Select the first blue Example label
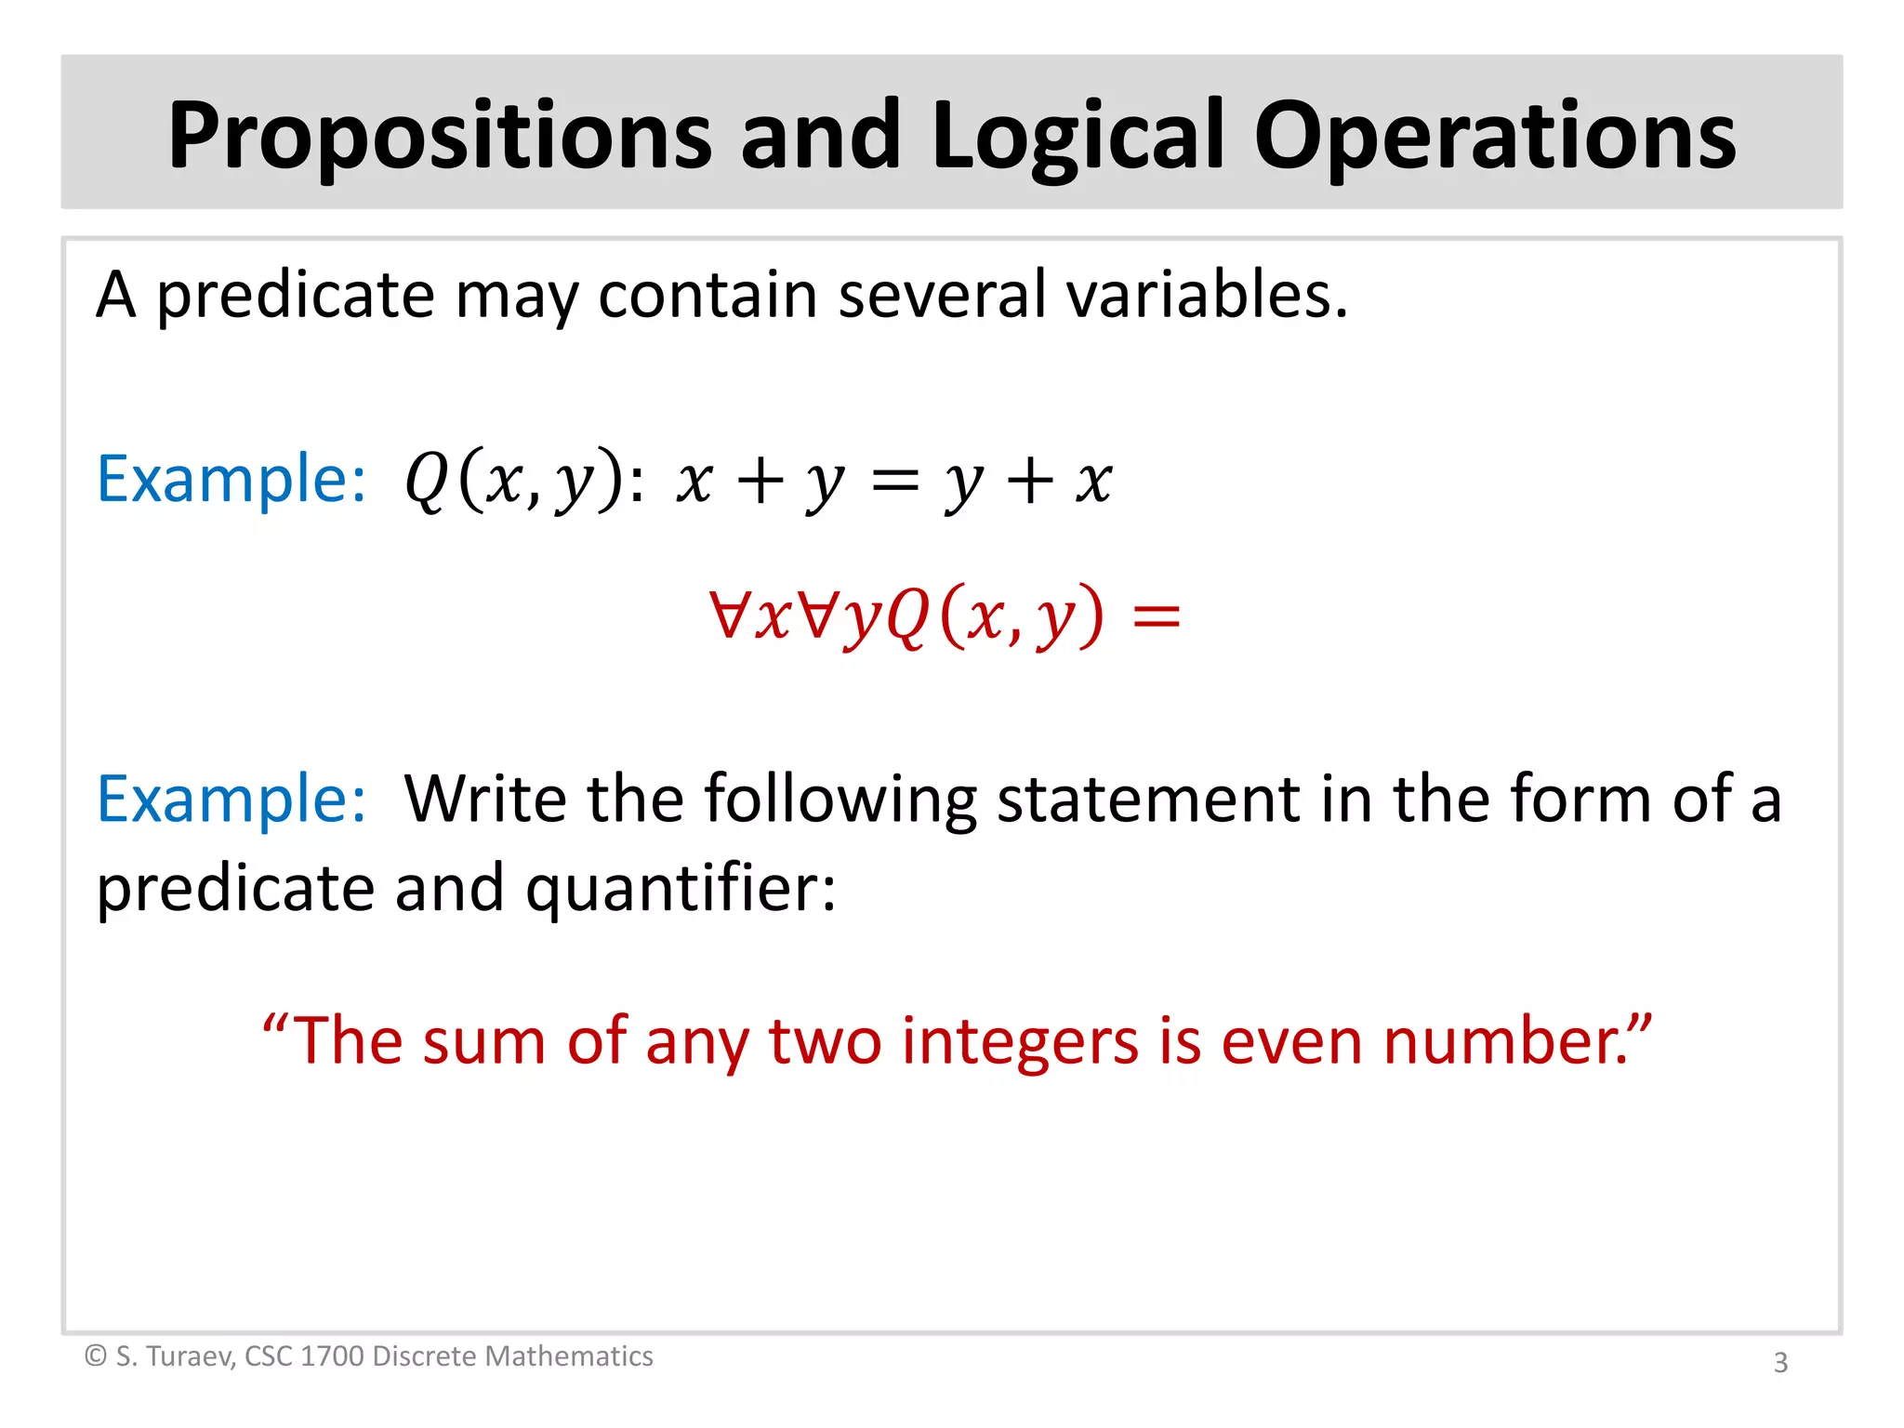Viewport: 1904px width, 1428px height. point(231,480)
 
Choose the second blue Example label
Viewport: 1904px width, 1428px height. point(231,800)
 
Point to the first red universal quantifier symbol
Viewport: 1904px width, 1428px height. point(730,615)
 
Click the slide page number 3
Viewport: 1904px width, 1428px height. point(1780,1362)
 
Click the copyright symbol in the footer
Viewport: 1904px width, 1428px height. point(95,1356)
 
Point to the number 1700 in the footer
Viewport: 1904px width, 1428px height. point(332,1356)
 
